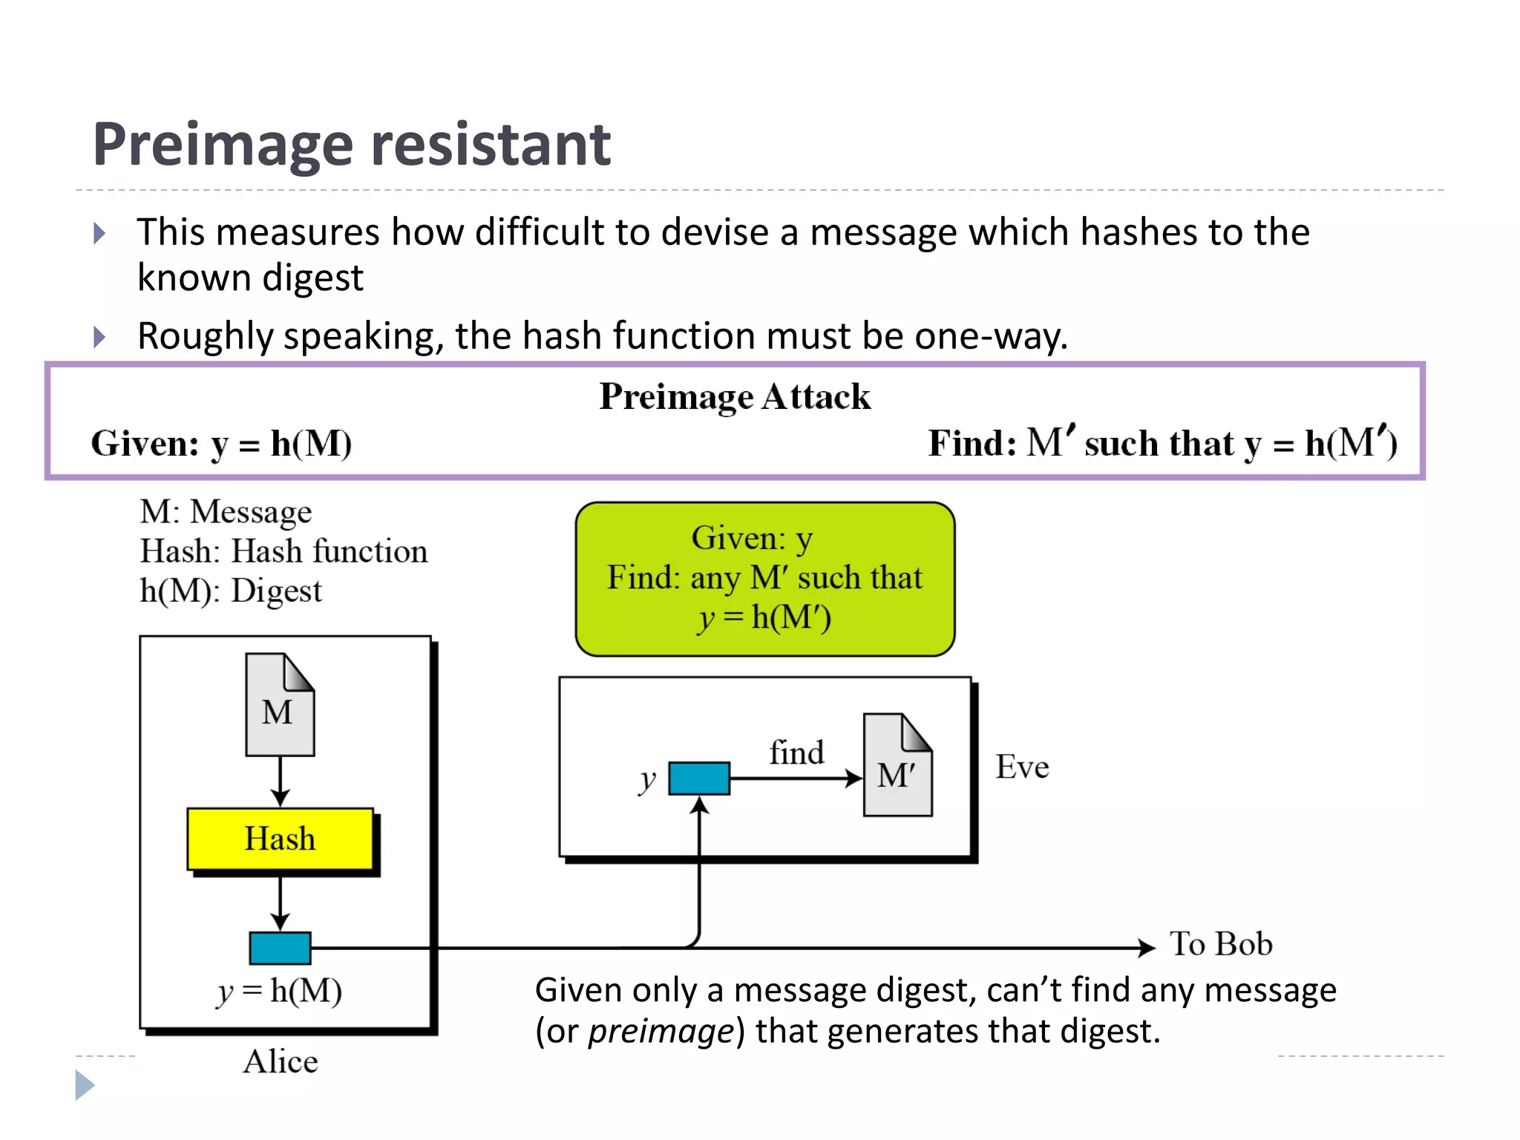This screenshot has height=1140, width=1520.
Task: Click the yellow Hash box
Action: coord(280,839)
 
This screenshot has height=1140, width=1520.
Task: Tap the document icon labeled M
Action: coord(280,704)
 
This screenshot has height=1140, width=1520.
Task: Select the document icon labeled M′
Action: coord(897,765)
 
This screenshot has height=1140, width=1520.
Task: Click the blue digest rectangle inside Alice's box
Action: coord(280,948)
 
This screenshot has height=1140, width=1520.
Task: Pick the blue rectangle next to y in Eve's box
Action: coord(698,779)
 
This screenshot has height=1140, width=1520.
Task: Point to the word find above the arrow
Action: coord(796,753)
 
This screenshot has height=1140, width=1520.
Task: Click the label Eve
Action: coord(1022,767)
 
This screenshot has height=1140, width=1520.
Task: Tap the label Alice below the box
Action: coord(281,1061)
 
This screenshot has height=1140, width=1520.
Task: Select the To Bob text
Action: coord(1221,944)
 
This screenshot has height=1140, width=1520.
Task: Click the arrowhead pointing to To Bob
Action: coord(1147,948)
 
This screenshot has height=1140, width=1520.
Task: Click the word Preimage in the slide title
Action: coord(223,144)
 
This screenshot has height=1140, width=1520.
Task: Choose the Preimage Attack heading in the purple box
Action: coord(734,396)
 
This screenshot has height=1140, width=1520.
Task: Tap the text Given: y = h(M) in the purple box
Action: coord(221,444)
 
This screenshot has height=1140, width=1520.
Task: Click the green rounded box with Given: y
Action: coord(764,579)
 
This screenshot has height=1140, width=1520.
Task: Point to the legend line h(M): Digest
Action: coord(231,591)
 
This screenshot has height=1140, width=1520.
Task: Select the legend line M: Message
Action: coord(226,511)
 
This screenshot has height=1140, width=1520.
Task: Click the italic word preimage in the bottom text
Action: coord(661,1032)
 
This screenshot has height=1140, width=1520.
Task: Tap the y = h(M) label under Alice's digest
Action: coord(280,991)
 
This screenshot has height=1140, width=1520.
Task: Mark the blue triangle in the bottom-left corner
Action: coord(84,1085)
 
